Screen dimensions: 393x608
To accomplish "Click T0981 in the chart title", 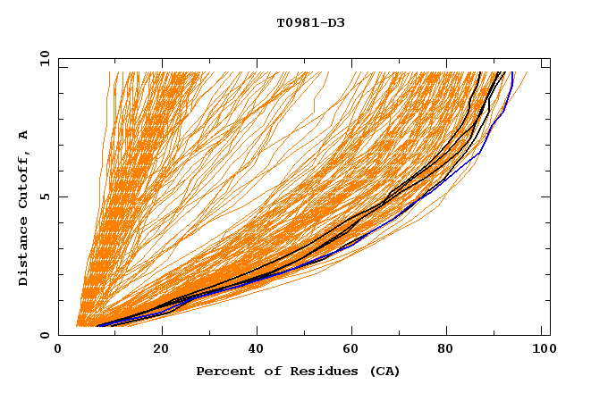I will tap(296, 22).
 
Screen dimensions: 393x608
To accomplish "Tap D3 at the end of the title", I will tap(335, 22).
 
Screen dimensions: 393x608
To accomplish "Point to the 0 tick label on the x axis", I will tap(58, 351).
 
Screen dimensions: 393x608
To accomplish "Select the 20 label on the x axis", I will tap(161, 351).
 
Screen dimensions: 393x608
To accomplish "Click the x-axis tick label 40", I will tap(258, 351).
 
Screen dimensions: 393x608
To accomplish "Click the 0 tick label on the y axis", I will tap(43, 335).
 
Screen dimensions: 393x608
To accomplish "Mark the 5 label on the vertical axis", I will tap(43, 196).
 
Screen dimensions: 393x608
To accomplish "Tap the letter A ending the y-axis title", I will tap(23, 135).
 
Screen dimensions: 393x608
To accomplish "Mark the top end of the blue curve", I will tap(512, 73).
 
